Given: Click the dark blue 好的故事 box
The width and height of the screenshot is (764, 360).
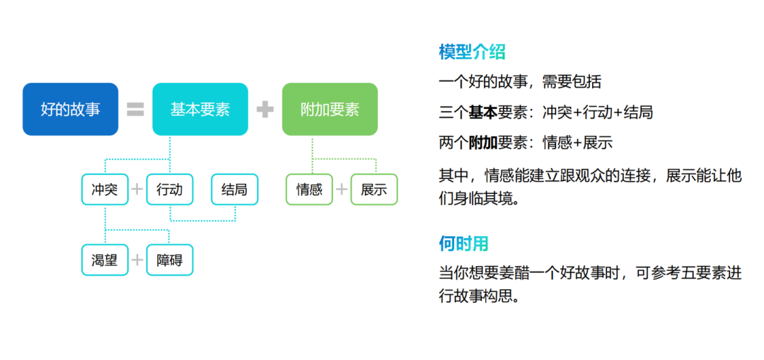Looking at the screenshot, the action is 70,109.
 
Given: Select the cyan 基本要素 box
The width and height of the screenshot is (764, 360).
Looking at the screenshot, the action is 200,109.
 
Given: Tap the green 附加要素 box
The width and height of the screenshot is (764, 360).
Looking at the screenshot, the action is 330,109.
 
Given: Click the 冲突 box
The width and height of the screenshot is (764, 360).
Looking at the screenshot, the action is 105,190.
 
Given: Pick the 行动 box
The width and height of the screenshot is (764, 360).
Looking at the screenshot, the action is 170,190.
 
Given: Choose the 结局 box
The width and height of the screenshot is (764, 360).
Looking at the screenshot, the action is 235,190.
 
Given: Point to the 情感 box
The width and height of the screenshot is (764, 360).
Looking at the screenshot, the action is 309,190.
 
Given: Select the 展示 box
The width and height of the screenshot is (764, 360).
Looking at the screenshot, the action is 374,190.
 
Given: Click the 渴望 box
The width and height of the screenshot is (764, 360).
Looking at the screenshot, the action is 105,260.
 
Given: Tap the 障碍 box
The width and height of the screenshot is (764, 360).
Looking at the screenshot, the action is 170,260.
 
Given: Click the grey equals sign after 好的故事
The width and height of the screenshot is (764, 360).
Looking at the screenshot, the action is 135,110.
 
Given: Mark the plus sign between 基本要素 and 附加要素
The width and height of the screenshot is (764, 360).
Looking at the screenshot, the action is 265,110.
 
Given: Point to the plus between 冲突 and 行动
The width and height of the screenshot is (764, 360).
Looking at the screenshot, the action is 137,190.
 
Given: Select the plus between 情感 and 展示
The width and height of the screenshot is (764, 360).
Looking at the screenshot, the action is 342,190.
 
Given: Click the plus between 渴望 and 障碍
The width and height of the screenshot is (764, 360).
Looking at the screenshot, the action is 137,260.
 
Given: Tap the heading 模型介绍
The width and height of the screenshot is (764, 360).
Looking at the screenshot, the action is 472,52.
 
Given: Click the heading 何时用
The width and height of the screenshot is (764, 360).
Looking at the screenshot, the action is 463,244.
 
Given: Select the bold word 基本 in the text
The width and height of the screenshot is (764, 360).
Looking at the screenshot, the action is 482,112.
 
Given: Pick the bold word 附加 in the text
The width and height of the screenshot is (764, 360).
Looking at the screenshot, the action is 482,143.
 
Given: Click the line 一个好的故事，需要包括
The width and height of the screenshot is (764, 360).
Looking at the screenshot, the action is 520,82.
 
